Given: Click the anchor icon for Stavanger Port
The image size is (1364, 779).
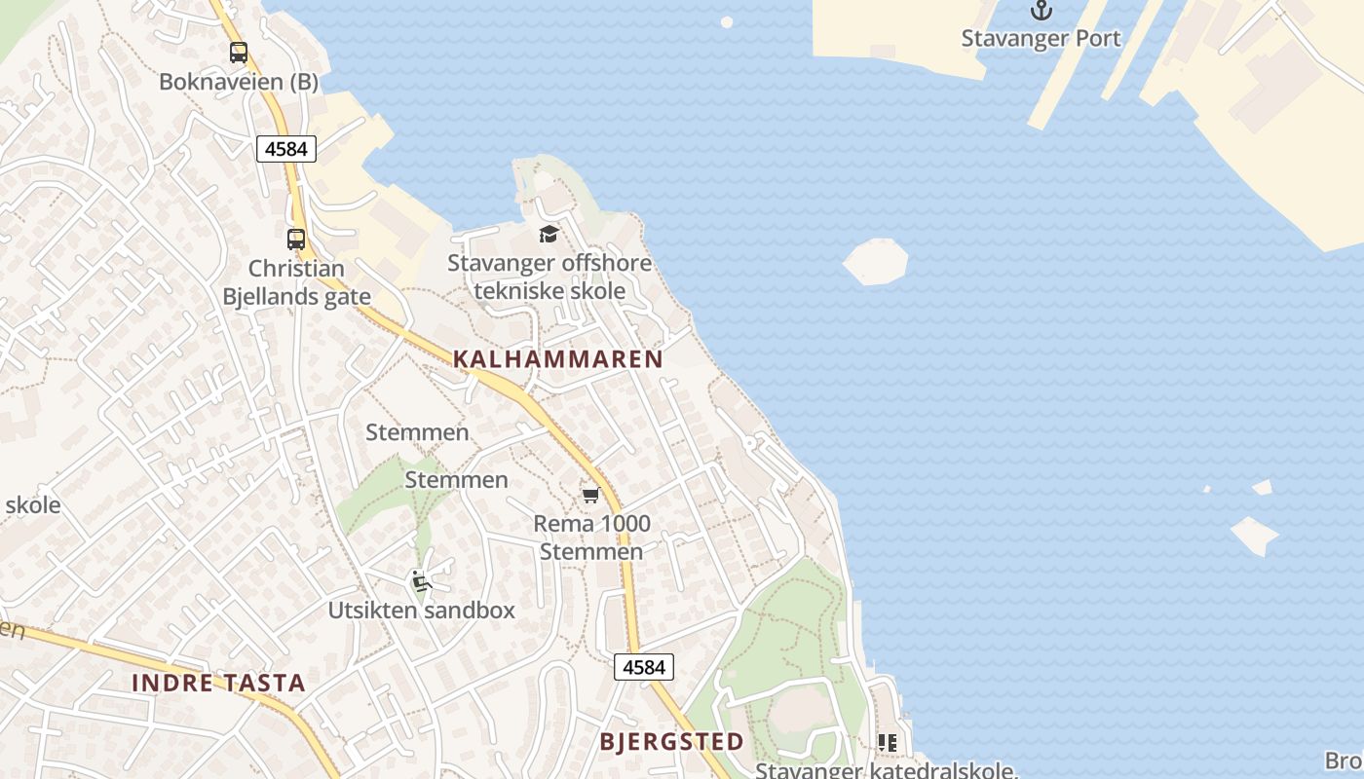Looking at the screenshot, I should (1042, 11).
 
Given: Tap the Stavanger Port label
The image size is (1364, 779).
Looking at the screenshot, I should (1042, 39).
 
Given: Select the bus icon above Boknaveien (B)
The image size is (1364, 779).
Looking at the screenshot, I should (239, 53).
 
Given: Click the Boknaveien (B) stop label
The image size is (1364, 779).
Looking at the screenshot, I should (239, 82).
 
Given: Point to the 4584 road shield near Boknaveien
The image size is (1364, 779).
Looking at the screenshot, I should (286, 149).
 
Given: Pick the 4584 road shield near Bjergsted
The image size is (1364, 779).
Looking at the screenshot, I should (643, 667).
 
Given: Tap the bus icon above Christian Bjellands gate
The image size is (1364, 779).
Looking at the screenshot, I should (295, 239).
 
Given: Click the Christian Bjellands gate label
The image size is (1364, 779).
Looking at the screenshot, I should (297, 282).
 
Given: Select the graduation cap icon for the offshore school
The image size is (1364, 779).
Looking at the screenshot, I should (549, 234).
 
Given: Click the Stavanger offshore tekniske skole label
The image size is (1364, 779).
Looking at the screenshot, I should (549, 277).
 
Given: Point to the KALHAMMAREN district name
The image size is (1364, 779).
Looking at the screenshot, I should (558, 359).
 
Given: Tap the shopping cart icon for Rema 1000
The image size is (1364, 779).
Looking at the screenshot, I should (590, 496).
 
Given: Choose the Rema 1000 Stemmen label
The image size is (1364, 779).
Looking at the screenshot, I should (591, 538).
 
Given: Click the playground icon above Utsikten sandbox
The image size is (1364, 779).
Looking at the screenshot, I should (421, 581).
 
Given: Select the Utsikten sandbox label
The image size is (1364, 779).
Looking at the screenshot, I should (421, 612).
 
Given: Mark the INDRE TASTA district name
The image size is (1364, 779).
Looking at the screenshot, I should (218, 683).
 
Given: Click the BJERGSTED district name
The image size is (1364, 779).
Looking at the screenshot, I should (671, 742).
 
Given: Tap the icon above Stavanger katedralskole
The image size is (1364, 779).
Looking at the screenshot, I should (887, 743).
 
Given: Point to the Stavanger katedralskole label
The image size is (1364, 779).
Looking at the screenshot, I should (887, 771).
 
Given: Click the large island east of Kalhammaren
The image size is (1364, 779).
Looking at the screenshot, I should (876, 262).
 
